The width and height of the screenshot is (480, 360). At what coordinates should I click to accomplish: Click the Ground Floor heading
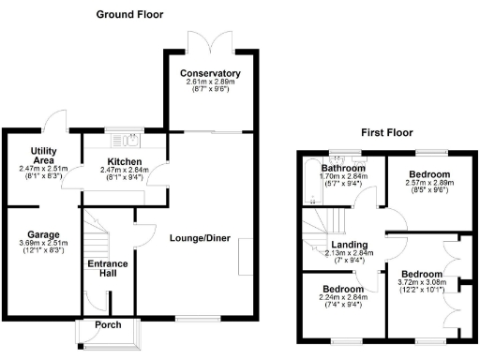click(129, 15)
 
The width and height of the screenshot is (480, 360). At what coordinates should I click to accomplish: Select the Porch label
click(108, 325)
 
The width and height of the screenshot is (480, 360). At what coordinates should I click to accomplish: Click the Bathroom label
click(342, 167)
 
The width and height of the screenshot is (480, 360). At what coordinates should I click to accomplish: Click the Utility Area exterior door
click(55, 119)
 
